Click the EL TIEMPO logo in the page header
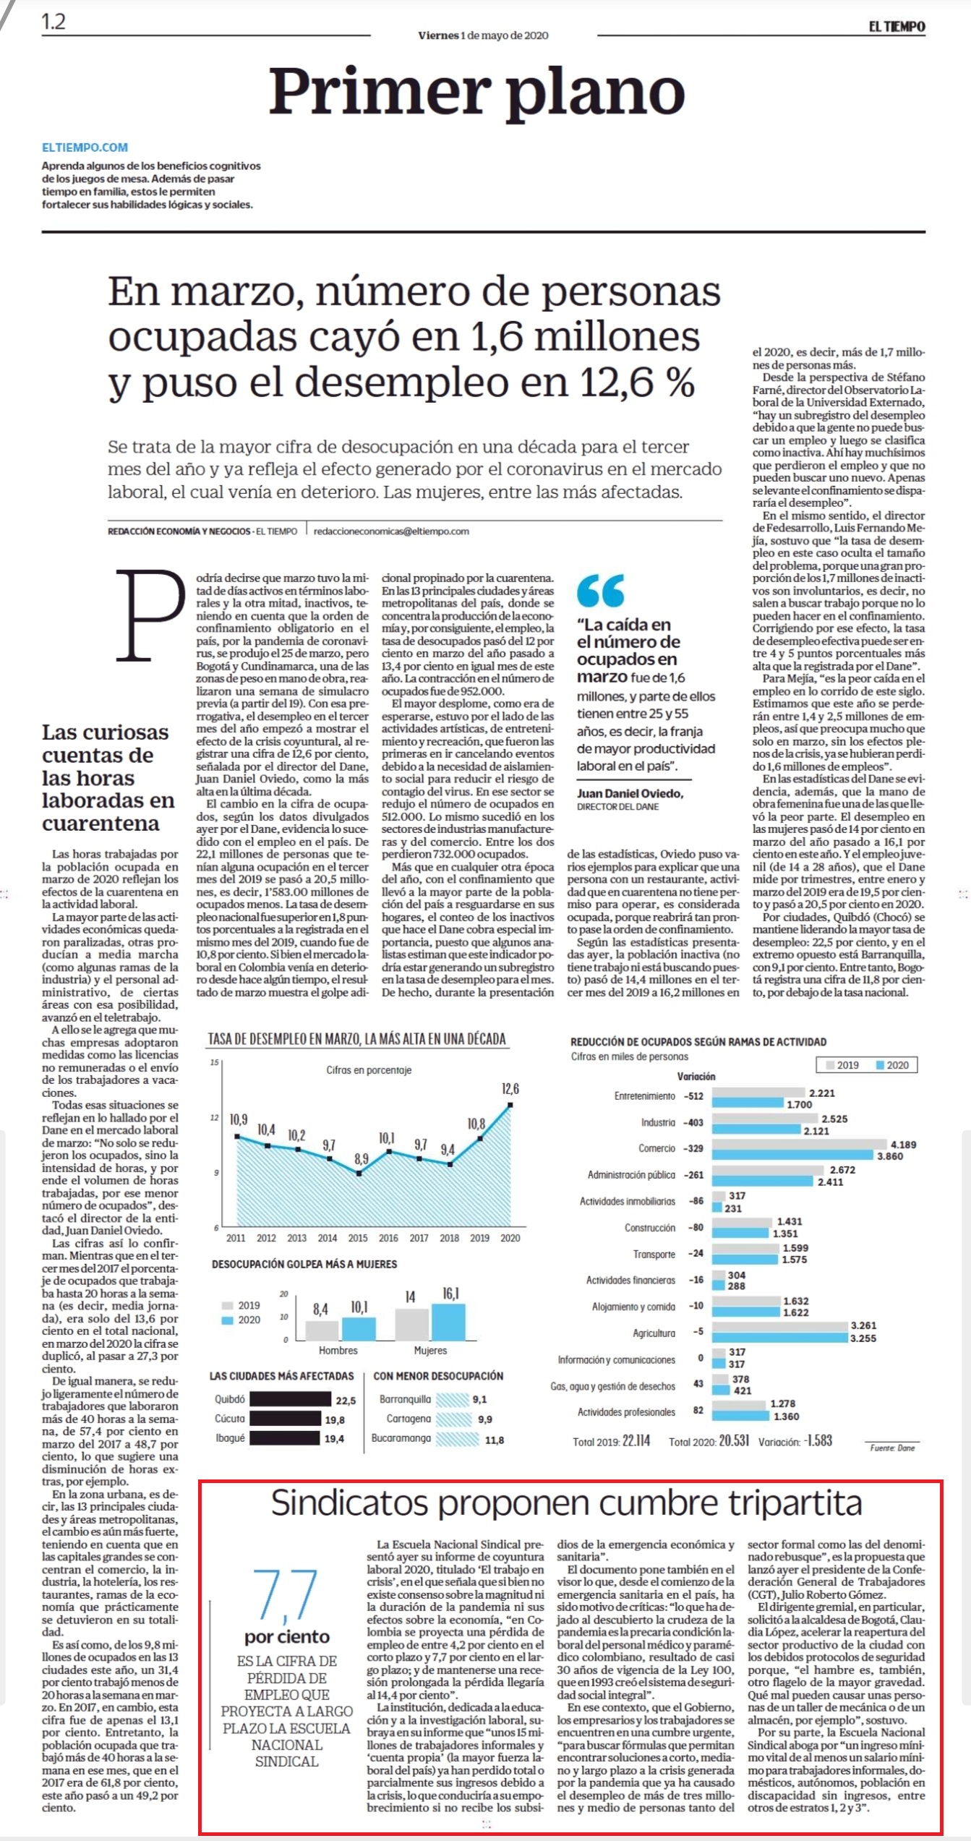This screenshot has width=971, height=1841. tap(897, 27)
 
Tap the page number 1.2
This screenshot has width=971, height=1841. tap(54, 22)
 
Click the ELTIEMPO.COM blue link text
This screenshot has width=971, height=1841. tap(85, 148)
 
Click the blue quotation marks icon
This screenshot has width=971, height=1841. tap(600, 591)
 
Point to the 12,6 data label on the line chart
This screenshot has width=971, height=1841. tap(510, 1088)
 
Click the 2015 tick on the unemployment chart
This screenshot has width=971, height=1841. tap(358, 1238)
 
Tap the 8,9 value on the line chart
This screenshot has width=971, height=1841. tap(361, 1158)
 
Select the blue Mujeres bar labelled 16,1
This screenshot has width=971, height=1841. tap(448, 1322)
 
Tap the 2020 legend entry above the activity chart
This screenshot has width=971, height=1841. tap(892, 1065)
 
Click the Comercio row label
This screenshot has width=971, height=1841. tap(656, 1148)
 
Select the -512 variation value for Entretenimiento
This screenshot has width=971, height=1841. tap(693, 1095)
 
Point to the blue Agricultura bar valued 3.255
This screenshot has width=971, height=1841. tap(780, 1338)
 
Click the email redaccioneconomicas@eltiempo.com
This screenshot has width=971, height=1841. tap(391, 531)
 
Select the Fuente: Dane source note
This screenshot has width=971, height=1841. tap(893, 1442)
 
